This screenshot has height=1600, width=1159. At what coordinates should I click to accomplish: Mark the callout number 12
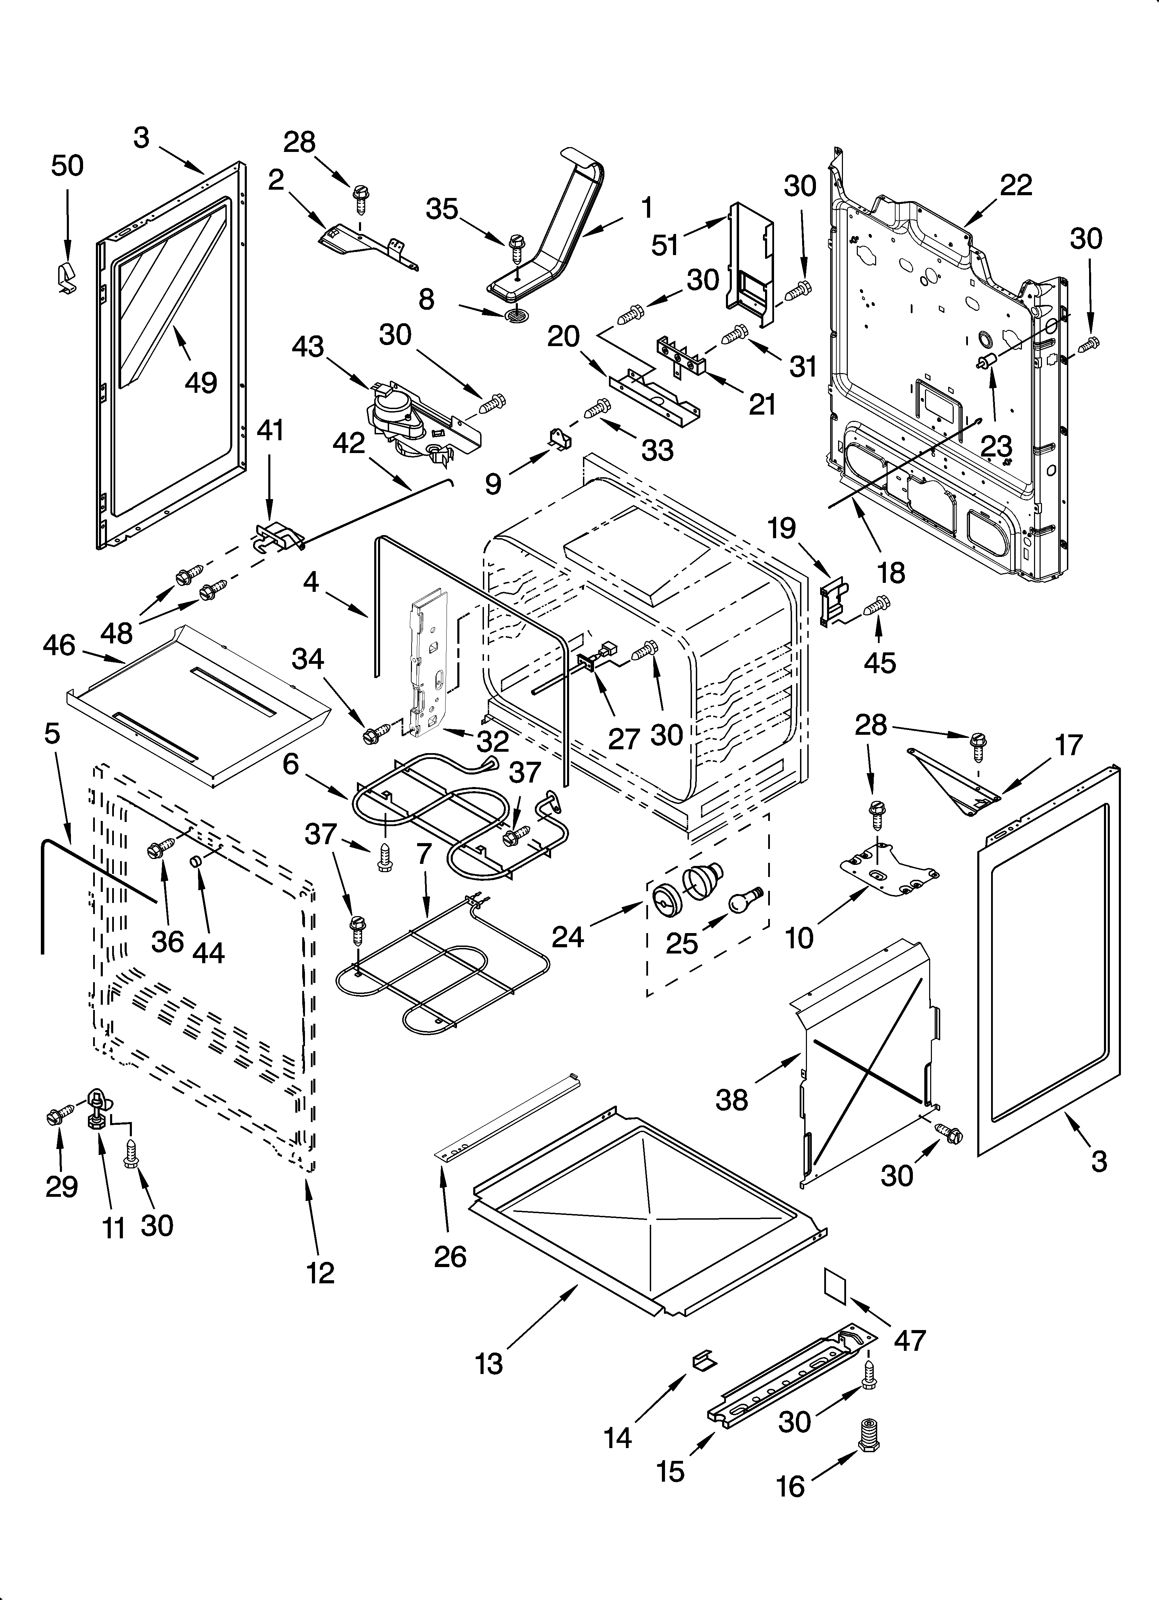321,1273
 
